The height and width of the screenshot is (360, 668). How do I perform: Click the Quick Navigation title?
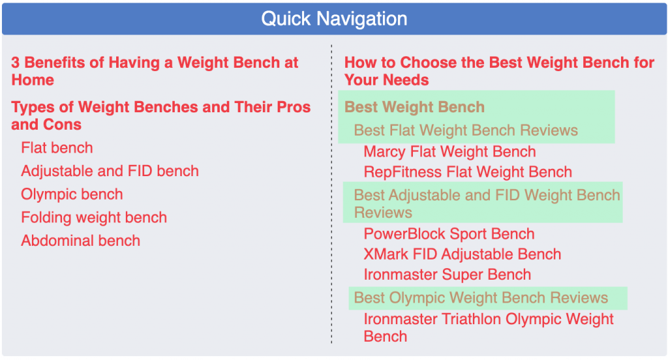(334, 19)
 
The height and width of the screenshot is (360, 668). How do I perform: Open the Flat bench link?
(57, 148)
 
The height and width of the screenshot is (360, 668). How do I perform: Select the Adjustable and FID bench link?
(110, 171)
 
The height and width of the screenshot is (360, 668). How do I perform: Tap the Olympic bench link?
(72, 194)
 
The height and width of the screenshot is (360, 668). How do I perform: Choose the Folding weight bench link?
(94, 217)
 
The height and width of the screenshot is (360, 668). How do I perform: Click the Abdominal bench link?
(80, 241)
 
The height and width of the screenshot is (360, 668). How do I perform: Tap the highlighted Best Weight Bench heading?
(414, 107)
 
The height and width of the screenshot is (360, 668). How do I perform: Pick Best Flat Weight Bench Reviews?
(466, 130)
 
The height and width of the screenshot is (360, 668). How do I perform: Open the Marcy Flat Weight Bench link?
(449, 152)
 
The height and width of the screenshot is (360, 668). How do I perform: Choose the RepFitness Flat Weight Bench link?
(468, 172)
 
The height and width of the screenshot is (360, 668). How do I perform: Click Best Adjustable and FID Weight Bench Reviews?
(487, 203)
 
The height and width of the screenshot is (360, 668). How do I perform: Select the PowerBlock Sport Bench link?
(449, 234)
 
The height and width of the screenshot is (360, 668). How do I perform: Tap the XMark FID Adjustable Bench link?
(463, 254)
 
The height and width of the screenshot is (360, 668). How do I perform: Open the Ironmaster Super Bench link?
(448, 275)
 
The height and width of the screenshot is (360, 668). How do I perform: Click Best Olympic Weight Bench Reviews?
(481, 298)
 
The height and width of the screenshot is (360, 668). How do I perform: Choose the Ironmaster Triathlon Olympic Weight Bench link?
(489, 327)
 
